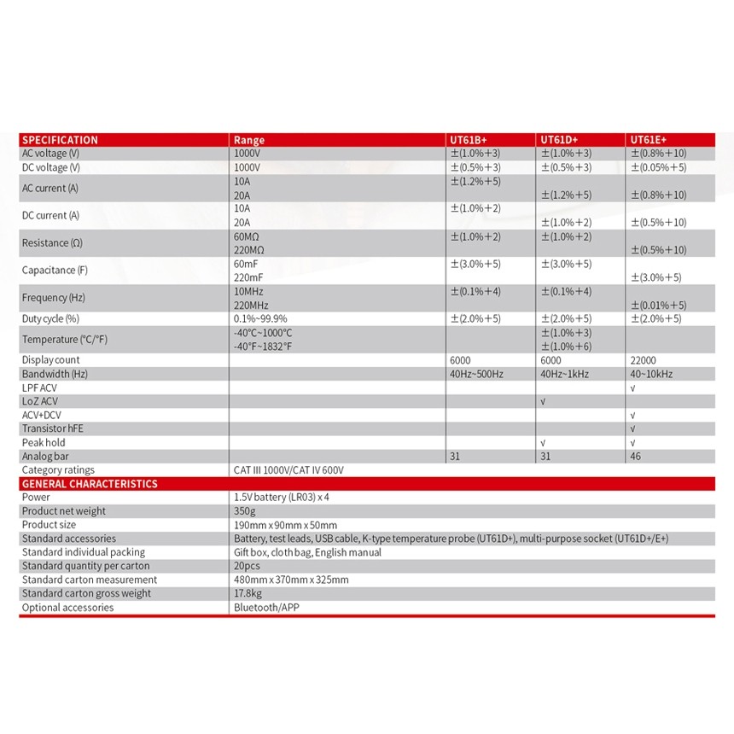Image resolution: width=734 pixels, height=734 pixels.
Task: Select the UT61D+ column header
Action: tap(559, 140)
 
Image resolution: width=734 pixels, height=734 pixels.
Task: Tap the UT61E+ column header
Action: tap(650, 140)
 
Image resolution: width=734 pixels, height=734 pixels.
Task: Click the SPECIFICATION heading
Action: tap(60, 140)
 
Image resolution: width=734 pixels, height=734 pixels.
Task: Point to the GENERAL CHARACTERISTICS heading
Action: tap(90, 484)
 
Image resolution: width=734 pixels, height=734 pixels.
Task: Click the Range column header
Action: tap(249, 140)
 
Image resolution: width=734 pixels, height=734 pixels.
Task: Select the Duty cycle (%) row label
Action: tap(50, 318)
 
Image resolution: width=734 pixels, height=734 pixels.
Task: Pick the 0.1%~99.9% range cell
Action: tap(260, 318)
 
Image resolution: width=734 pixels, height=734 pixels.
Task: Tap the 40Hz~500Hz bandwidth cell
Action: tap(477, 374)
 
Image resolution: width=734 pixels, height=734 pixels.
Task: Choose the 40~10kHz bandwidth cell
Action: tap(651, 374)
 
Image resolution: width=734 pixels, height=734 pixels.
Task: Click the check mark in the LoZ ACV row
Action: tap(543, 401)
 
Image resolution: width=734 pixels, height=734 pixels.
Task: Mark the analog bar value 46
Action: tap(636, 457)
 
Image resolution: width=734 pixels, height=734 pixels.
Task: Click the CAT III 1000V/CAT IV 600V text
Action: tap(288, 470)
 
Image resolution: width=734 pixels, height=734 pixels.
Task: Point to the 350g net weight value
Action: tap(244, 511)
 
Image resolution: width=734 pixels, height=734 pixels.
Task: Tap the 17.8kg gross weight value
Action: tap(248, 593)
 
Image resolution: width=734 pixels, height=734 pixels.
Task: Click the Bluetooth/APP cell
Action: tap(266, 608)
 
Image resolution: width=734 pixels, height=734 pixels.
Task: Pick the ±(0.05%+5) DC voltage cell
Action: tap(658, 167)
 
